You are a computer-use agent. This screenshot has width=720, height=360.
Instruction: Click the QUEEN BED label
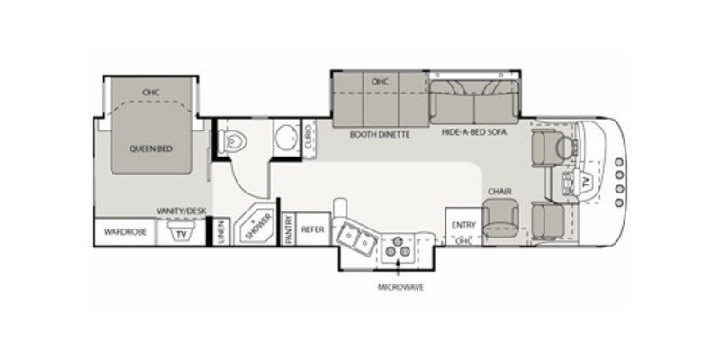(x=152, y=149)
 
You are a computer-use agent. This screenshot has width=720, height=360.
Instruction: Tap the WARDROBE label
(x=124, y=231)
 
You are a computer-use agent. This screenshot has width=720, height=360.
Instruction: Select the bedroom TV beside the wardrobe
(x=182, y=233)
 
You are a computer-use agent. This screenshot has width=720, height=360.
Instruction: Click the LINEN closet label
(x=220, y=231)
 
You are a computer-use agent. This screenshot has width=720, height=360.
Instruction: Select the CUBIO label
(x=309, y=137)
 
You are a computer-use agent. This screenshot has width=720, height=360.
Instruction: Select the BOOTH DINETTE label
(x=381, y=134)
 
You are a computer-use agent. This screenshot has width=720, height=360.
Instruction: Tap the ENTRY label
(x=463, y=225)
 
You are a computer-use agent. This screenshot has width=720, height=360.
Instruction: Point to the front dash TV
(x=588, y=183)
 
